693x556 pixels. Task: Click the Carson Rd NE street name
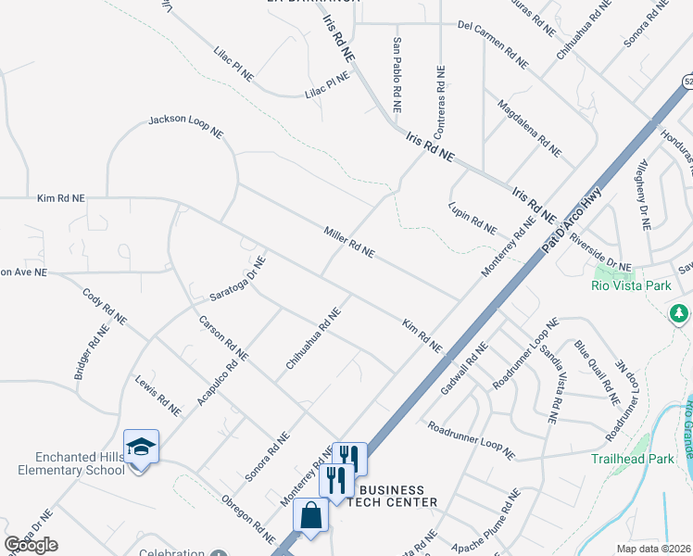(x=224, y=337)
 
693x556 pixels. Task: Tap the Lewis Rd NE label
(x=157, y=395)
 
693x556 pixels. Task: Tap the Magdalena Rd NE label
(x=529, y=127)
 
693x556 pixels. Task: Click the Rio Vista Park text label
(x=631, y=285)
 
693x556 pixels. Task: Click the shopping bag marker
(x=311, y=516)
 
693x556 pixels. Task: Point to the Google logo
(x=31, y=545)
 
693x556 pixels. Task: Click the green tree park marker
(x=681, y=313)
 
